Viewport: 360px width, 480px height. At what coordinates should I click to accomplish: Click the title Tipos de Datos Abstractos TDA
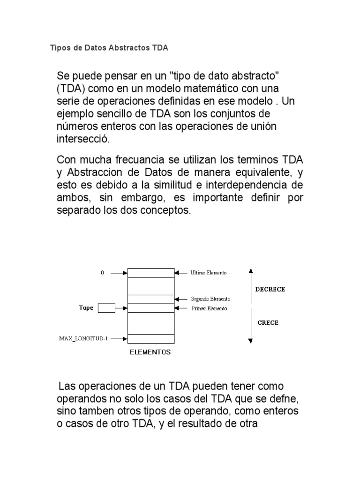pos(109,48)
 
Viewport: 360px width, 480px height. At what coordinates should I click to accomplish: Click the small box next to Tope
pos(106,308)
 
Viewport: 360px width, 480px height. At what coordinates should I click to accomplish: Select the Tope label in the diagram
pos(86,308)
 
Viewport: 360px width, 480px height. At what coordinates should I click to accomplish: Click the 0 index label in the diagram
pos(102,272)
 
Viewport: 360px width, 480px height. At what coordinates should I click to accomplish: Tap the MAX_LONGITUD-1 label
pos(83,338)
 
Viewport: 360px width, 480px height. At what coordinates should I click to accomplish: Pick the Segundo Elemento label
pos(210,299)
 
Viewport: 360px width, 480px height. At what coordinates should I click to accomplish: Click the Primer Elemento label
pos(209,308)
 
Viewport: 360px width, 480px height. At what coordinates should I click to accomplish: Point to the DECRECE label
pos(270,289)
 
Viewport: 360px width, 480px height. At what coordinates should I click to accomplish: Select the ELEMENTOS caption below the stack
pos(150,352)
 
